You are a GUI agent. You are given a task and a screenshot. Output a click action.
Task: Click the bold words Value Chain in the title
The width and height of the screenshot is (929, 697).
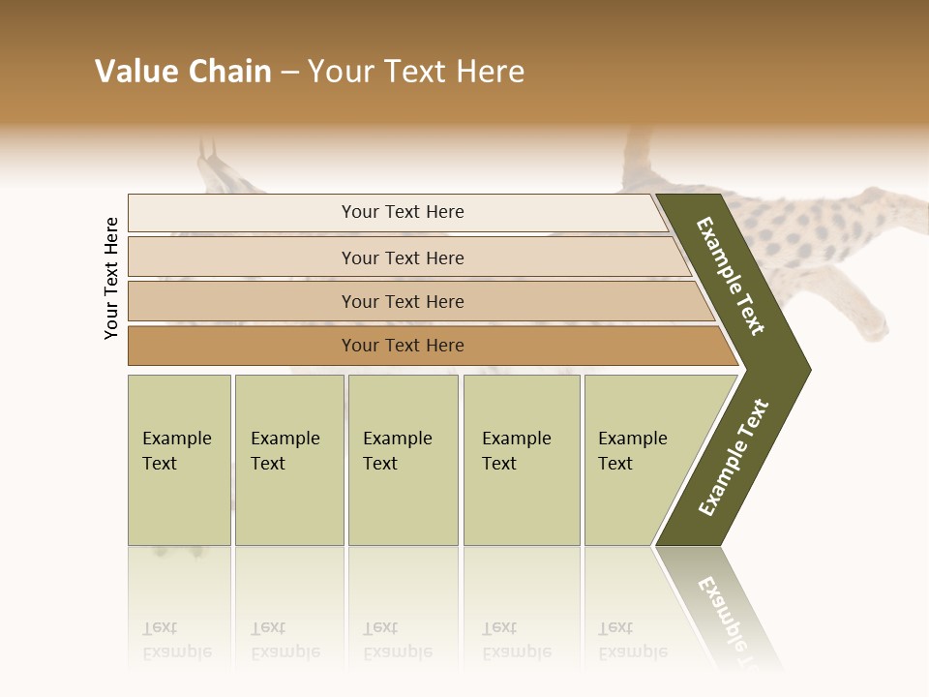coord(183,72)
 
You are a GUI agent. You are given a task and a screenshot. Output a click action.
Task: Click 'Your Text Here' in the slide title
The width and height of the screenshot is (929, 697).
coord(416,72)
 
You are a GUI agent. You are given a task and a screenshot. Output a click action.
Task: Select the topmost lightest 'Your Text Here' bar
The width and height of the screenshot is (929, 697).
coord(403,212)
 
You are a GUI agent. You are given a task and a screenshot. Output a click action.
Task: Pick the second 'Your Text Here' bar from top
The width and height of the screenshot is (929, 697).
coord(403,258)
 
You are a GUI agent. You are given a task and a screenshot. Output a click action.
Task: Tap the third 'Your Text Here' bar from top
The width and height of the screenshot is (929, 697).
coord(403,301)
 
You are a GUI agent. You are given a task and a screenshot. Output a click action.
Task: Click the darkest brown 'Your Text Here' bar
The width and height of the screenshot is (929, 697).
coord(403,346)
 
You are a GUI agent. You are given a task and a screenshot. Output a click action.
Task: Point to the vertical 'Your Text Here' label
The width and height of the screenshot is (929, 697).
coord(111,278)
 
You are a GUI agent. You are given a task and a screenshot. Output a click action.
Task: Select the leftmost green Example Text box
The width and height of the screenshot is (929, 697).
coord(179,460)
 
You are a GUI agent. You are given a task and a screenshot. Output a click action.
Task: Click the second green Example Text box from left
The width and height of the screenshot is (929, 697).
coord(288,460)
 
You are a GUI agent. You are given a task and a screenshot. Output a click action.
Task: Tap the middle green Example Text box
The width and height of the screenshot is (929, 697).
coord(403,460)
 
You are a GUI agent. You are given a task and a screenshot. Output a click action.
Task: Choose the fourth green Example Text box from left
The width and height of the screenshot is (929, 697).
coord(521,460)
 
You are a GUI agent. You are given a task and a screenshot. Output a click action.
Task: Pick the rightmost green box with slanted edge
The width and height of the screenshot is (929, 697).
coord(639,460)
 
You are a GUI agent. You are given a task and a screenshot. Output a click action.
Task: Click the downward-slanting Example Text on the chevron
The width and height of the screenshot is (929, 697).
coord(731,276)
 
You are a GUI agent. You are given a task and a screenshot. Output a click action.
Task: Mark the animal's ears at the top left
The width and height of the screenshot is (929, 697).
coord(208,155)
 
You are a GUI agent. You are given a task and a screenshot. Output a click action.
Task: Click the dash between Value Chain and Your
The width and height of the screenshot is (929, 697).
coord(289,73)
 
